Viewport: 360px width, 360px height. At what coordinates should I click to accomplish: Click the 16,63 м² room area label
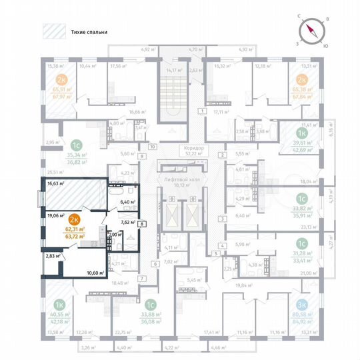[x=56, y=183]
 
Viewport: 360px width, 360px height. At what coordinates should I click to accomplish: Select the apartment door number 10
[x=151, y=146]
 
